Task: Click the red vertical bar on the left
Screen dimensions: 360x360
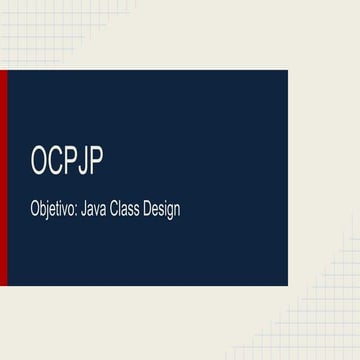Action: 3,178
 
